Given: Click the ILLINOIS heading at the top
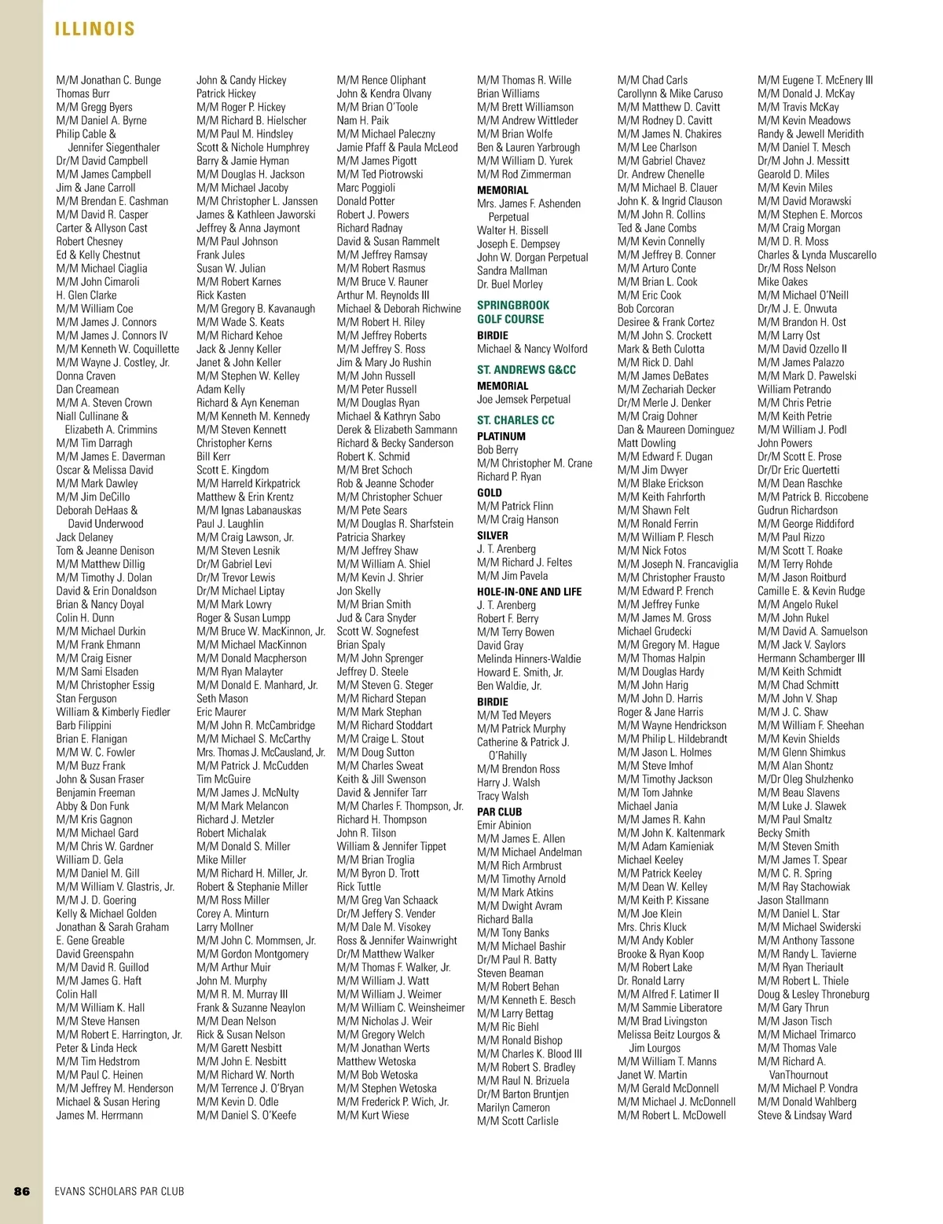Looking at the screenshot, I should pos(95,30).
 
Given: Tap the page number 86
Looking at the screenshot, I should pos(22,1191).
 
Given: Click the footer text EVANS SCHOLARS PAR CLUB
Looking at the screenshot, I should pos(119,1191).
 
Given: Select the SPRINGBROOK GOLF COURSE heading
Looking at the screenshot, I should pos(513,312).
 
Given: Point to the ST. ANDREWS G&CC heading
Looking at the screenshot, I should pos(526,369).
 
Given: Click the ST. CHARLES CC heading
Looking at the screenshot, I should pos(516,420).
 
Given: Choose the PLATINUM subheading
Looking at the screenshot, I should pos(501,436).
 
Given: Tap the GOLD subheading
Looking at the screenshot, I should pos(490,493).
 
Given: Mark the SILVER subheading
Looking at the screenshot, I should pos(493,535).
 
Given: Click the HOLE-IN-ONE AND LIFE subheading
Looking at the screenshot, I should pos(528,591).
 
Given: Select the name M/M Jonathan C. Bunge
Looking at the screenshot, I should pos(108,80).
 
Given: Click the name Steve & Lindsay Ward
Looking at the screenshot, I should pos(804,1115).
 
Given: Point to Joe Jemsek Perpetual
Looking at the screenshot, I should pos(523,399).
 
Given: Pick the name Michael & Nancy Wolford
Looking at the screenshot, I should pos(532,349).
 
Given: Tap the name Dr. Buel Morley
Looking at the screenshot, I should pos(509,284).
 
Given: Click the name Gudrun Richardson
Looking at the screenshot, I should pos(798,511).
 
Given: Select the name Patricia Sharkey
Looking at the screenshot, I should pos(371,537).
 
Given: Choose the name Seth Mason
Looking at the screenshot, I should pos(222,698).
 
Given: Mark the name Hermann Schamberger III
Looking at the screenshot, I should pos(811,658).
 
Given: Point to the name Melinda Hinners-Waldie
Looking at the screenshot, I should pos(529,658).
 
